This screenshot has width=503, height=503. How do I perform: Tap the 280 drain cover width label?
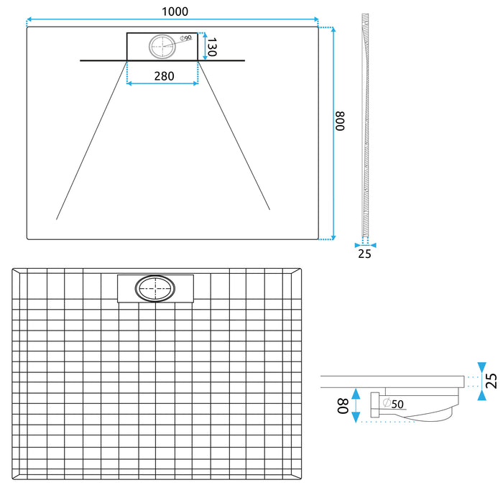[162, 75]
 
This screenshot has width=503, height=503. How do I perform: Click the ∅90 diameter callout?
[185, 38]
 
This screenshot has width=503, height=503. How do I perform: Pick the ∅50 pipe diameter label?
[392, 403]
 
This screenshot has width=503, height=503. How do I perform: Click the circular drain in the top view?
[162, 47]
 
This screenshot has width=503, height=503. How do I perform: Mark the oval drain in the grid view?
[154, 290]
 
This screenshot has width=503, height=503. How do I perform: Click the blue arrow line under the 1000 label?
[172, 20]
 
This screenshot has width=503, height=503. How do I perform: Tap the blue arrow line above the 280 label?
[162, 84]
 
